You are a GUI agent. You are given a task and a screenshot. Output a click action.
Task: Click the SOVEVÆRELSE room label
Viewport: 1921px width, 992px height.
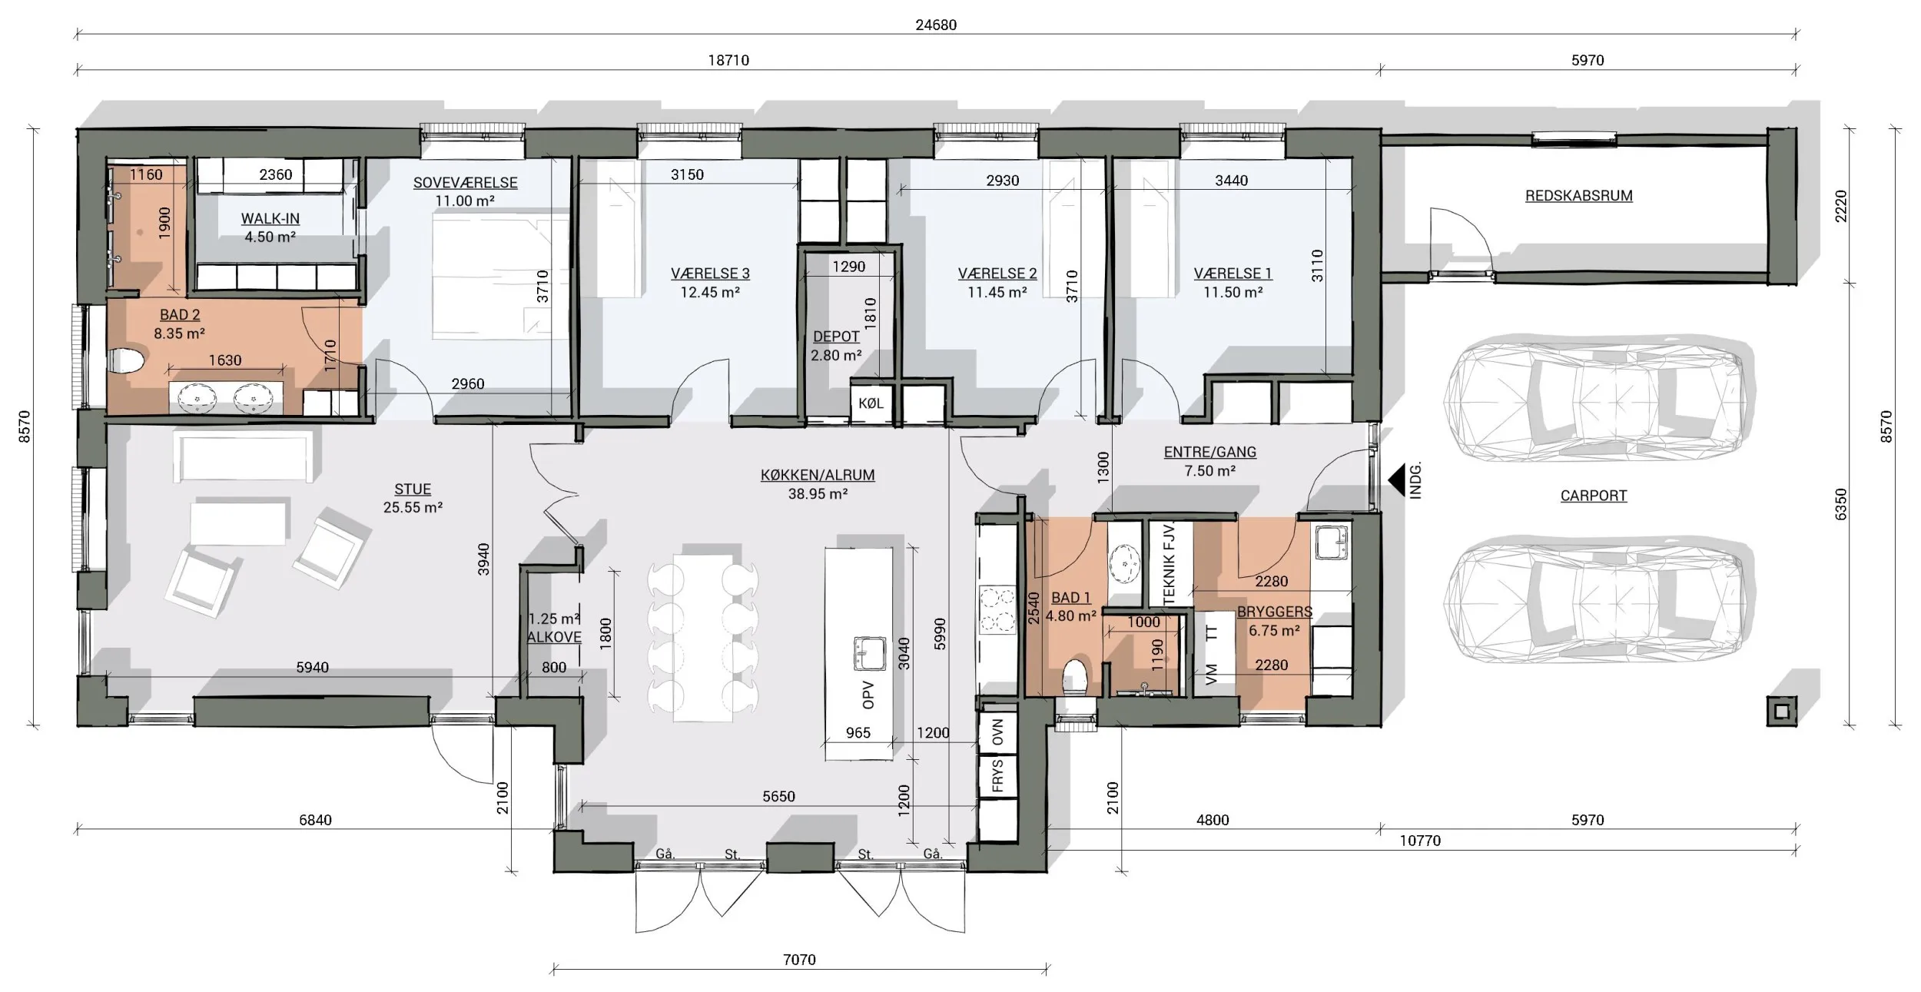(465, 183)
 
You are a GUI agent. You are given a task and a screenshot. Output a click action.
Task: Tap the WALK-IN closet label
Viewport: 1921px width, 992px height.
(270, 218)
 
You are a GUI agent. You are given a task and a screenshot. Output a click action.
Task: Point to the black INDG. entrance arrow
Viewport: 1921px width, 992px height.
(1395, 479)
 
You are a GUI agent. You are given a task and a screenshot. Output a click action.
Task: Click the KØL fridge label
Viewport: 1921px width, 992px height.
(871, 403)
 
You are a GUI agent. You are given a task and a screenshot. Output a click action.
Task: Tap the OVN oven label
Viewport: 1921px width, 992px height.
(997, 733)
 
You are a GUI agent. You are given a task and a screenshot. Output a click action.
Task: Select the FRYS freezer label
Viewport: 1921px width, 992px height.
(997, 775)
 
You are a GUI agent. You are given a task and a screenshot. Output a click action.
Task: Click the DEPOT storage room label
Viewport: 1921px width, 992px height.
(836, 337)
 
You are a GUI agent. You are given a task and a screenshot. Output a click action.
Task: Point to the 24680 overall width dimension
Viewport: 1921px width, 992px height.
(936, 25)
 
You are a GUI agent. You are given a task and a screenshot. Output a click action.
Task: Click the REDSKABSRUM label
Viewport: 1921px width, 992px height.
(1578, 195)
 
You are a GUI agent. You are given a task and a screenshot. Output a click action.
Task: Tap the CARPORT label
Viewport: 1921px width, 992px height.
(1593, 496)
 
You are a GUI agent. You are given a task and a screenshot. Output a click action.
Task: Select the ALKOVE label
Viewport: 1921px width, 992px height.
(554, 637)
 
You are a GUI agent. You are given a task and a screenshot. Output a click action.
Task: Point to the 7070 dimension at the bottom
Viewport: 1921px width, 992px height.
(799, 960)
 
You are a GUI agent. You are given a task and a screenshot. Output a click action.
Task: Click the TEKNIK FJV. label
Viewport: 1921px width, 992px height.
(1170, 563)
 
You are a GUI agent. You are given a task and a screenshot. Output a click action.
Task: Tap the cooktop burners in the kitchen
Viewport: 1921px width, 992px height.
(997, 610)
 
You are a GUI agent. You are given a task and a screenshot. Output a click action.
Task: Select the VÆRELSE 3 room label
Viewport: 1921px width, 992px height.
(710, 273)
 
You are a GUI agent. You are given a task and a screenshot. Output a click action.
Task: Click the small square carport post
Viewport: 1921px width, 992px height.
(1783, 710)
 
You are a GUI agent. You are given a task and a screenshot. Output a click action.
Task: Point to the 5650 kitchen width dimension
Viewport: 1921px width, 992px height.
(778, 797)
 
